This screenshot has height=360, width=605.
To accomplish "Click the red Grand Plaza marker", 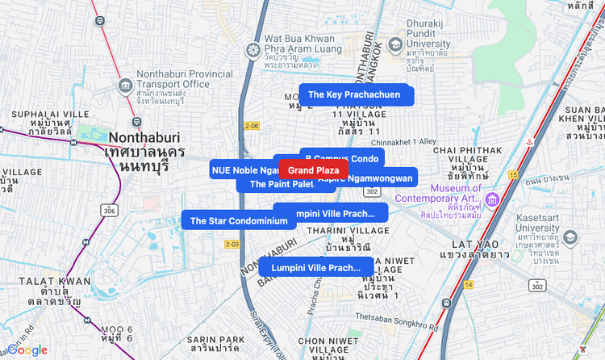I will click(313, 170).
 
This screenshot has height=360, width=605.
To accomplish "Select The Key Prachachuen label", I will click(356, 94).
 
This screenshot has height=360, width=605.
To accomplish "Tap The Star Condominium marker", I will click(238, 220).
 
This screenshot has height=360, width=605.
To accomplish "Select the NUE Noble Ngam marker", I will click(242, 170).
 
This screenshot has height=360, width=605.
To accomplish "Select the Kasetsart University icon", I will click(571, 238).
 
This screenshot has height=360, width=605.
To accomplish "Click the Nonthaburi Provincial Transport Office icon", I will click(125, 85).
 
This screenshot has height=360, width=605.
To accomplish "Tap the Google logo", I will click(27, 350).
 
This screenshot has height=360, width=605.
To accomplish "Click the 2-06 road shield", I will click(252, 126).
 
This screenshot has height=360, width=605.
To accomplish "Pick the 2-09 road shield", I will click(232, 244).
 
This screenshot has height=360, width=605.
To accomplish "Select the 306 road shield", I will click(108, 211).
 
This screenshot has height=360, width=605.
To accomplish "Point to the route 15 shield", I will click(513, 174).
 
